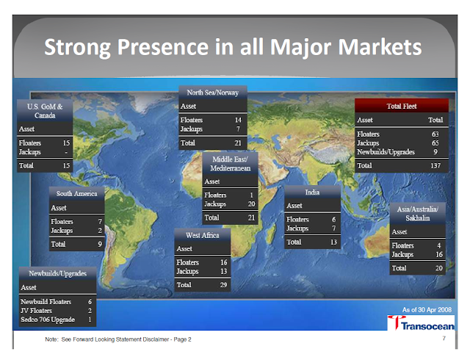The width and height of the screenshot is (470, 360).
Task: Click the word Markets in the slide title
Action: [x=380, y=46]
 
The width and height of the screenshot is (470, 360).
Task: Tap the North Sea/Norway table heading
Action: [x=213, y=93]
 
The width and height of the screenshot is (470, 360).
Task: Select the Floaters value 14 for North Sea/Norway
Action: [x=238, y=120]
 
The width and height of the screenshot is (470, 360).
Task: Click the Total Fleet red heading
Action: [x=402, y=106]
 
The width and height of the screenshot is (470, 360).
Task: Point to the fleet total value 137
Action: [x=435, y=165]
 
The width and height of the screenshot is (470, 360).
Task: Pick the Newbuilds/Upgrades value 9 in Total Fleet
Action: [x=435, y=152]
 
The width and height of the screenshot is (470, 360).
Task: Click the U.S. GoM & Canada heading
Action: [x=45, y=111]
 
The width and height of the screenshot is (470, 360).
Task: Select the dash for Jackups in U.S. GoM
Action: [x=66, y=152]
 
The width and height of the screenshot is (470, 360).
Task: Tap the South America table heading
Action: [x=76, y=194]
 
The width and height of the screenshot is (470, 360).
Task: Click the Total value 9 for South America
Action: [x=100, y=244]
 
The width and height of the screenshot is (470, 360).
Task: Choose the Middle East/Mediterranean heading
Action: [x=230, y=164]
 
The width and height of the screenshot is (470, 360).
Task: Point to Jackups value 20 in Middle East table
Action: [x=251, y=204]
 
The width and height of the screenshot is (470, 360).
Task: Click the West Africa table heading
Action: [x=203, y=235]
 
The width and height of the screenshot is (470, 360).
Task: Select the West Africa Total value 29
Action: [x=223, y=285]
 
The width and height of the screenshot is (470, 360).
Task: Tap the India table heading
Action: [x=312, y=192]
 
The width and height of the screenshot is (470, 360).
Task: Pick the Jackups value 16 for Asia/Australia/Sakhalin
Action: [x=439, y=254]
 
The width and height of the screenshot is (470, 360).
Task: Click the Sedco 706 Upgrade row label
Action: [x=48, y=320]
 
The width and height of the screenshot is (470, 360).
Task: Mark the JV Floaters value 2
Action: [x=90, y=311]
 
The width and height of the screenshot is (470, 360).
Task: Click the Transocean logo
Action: [x=421, y=323]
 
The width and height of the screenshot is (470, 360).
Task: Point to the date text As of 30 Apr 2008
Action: [x=427, y=309]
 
